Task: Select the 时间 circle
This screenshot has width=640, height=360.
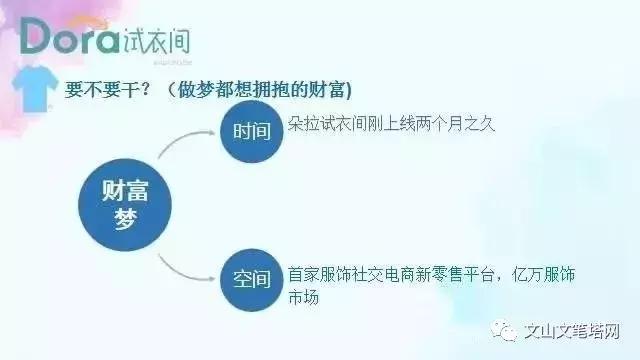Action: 252,130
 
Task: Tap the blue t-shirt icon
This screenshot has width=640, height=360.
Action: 36,89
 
